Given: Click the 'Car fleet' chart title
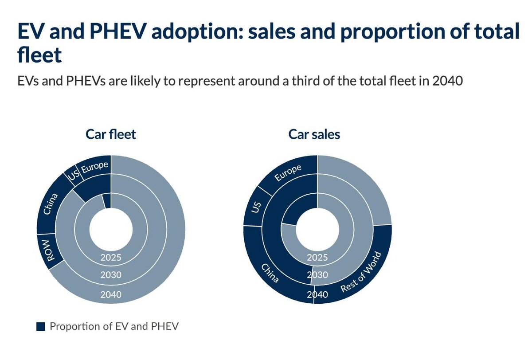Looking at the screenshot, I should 111,134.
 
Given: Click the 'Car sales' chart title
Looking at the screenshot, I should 314,134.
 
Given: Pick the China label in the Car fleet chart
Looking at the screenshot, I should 52,203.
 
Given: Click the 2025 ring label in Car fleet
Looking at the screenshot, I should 111,257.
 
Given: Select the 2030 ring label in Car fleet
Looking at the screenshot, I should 111,275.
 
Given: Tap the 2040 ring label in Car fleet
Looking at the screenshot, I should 111,293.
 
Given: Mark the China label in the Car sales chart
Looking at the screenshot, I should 270,273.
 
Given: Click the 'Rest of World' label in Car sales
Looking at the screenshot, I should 361,272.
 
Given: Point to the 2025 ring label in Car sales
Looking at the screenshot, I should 317,258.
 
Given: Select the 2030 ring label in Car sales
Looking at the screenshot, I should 317,275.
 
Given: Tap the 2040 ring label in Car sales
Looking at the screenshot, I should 317,294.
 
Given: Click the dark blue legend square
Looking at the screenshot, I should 41,327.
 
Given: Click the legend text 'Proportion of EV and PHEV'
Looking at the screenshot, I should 114,327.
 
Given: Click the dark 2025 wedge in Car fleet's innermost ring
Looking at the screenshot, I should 107,200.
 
